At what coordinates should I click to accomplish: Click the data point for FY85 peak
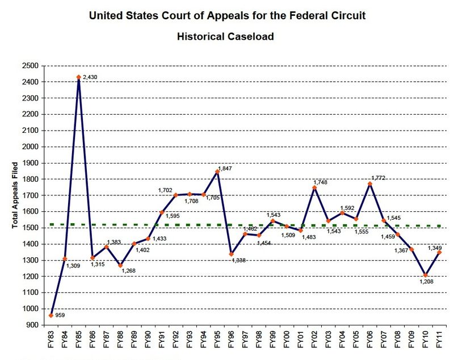78,77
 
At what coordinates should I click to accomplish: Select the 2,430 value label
91,77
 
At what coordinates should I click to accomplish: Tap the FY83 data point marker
51,315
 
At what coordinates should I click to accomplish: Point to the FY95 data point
217,171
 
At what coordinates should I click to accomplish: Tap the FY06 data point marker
369,183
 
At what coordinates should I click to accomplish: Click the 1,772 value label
378,177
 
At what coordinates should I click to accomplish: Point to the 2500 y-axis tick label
31,66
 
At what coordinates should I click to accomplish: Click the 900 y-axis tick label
33,325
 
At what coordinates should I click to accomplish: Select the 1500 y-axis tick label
31,228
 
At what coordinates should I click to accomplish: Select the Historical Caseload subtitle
225,36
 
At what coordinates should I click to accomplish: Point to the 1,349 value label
434,248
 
